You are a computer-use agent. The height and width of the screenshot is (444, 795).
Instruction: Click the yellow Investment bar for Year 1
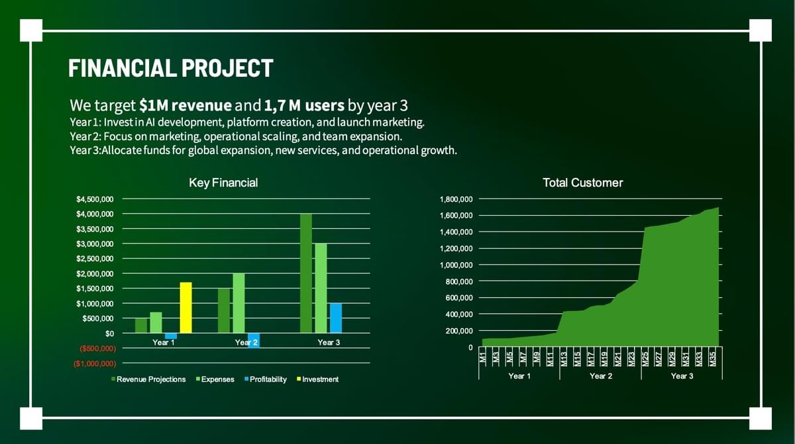[x=185, y=308]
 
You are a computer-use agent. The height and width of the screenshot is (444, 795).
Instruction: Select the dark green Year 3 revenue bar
[x=305, y=273]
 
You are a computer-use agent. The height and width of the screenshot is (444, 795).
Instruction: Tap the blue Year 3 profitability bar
[x=336, y=318]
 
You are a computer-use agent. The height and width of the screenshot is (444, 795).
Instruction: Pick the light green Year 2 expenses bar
[x=238, y=303]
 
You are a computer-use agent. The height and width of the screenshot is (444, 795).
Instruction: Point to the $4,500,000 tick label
[x=95, y=199]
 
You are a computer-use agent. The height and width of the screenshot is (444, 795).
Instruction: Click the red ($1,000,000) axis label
[x=95, y=363]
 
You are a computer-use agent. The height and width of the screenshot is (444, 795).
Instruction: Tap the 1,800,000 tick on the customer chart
[x=456, y=199]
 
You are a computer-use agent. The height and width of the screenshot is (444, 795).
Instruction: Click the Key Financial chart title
[x=223, y=183]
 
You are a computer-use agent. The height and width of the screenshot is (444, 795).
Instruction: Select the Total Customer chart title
[x=583, y=183]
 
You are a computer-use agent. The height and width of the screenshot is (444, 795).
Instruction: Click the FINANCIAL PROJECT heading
[x=171, y=68]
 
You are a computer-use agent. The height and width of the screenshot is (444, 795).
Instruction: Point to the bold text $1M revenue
[x=185, y=105]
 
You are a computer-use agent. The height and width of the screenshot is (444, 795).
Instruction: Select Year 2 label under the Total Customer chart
[x=601, y=376]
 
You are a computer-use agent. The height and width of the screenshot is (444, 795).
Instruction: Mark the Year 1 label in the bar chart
[x=164, y=342]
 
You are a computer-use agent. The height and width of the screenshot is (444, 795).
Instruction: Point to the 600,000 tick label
[x=458, y=298]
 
